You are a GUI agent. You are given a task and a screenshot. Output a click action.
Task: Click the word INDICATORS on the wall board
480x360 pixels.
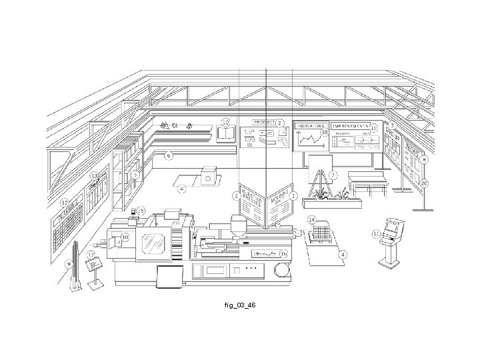311,126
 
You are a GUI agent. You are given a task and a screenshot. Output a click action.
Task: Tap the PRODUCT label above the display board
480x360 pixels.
264,123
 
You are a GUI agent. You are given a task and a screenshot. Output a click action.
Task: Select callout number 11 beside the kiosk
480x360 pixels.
377,233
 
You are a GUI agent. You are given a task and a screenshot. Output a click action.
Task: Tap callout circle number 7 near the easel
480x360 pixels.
333,175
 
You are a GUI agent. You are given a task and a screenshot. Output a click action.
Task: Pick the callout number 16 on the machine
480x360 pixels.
283,254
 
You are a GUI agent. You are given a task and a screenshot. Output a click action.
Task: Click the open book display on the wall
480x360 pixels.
226,135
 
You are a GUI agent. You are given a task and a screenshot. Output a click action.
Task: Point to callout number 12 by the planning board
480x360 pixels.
65,202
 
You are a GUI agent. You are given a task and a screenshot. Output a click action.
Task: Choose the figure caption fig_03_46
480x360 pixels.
240,305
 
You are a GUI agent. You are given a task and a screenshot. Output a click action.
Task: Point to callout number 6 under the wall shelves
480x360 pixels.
169,155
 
